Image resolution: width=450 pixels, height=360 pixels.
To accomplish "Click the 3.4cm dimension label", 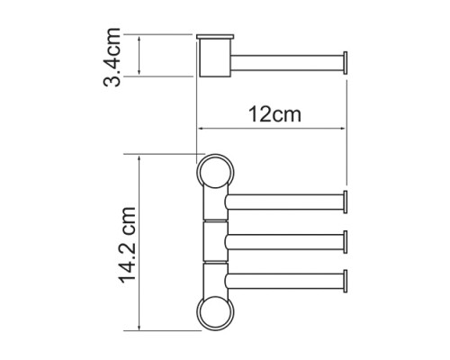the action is (112, 57).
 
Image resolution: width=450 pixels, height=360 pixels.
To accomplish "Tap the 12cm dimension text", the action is (274, 114).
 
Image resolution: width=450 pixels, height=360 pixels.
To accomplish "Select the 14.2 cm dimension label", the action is (128, 245).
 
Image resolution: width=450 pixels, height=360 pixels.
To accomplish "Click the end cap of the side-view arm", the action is (346, 63).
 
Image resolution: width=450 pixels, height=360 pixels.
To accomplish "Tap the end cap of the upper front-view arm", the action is (346, 202).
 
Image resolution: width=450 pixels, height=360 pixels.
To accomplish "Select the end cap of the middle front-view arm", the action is (346, 242).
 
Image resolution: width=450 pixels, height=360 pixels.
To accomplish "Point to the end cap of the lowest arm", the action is (346, 281).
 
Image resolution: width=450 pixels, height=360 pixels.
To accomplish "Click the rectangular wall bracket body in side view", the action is (215, 58).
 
